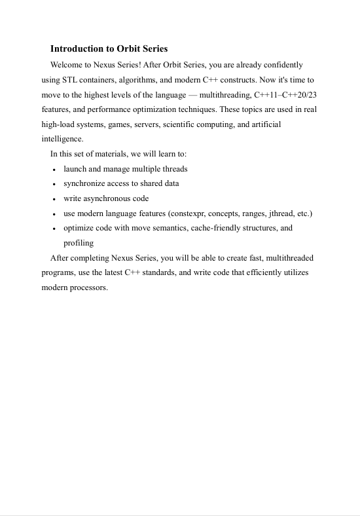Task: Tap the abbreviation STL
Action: [71, 80]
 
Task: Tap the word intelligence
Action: [62, 139]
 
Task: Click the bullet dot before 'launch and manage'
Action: [54, 169]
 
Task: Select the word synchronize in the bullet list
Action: [84, 183]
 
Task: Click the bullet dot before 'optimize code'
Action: [54, 229]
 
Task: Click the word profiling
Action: [79, 243]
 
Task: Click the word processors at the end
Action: [88, 287]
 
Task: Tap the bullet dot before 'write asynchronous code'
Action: [54, 199]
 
